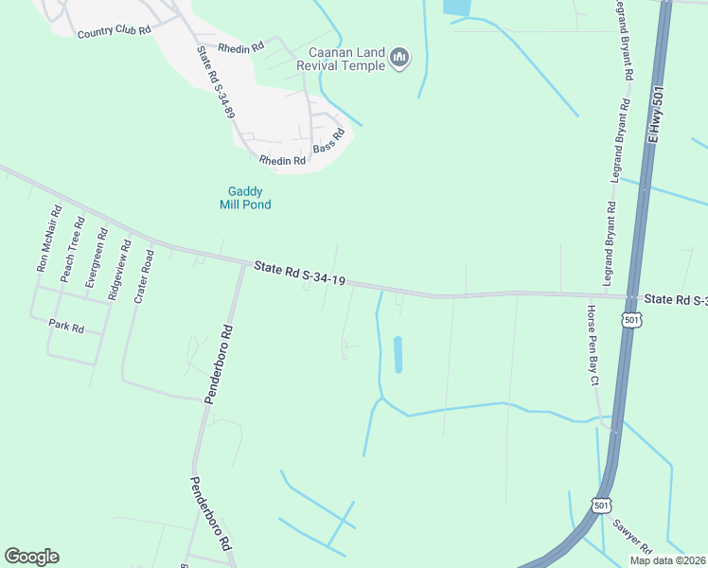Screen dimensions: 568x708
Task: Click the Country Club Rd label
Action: point(114,31)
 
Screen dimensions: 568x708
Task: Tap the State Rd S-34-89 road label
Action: point(215,82)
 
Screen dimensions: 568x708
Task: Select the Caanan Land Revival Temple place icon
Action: point(399,59)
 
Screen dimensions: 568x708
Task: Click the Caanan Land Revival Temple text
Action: point(341,59)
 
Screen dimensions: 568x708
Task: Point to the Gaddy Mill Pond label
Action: point(245,198)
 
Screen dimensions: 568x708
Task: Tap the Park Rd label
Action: point(66,328)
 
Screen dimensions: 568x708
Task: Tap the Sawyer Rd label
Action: point(630,537)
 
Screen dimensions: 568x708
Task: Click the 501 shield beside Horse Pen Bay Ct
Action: point(631,322)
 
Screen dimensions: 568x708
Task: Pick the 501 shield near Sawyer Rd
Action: point(602,506)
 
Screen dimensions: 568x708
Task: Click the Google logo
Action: point(31,557)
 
